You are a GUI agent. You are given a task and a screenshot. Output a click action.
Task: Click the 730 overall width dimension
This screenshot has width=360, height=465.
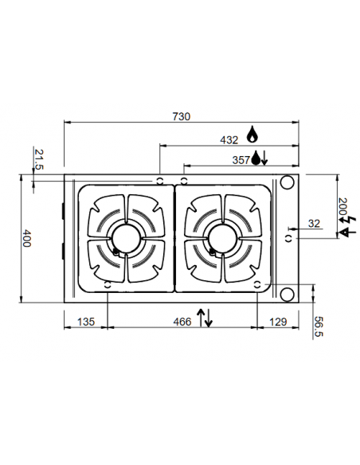[181, 116]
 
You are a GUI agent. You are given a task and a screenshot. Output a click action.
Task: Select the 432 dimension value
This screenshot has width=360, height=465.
[229, 139]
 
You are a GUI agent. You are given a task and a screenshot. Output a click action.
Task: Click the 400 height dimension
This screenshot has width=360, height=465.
[26, 238]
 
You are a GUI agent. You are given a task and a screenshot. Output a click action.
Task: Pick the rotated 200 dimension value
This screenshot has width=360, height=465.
[343, 209]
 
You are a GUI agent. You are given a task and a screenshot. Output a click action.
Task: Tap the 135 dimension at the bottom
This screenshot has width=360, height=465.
[85, 322]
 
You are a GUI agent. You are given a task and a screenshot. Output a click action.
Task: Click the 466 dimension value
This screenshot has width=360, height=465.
[182, 322]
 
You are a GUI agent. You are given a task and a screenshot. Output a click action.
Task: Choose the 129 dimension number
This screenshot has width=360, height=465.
[278, 322]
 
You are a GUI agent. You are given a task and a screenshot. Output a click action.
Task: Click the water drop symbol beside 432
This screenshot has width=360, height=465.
[254, 134]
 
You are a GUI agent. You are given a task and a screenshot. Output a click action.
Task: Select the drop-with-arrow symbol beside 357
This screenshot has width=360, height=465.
[260, 158]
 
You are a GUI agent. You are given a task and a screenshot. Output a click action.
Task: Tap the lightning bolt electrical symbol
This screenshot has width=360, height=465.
[343, 231]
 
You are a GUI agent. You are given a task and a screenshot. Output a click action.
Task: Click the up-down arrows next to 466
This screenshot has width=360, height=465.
[205, 317]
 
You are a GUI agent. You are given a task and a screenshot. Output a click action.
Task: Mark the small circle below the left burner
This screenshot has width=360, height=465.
[108, 283]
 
